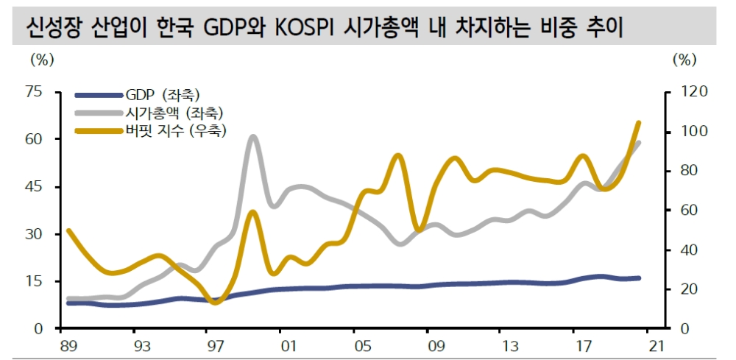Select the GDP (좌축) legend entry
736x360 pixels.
pyautogui.click(x=162, y=95)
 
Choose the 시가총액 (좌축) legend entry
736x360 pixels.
pyautogui.click(x=174, y=113)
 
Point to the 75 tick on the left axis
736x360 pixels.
pyautogui.click(x=35, y=92)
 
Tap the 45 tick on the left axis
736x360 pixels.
pyautogui.click(x=35, y=187)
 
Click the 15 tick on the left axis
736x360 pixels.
pyautogui.click(x=35, y=281)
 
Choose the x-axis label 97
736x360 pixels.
pyautogui.click(x=214, y=346)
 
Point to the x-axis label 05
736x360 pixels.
pyautogui.click(x=361, y=346)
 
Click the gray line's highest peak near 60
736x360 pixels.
pyautogui.click(x=252, y=136)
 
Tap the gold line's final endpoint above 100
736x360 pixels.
pyautogui.click(x=638, y=122)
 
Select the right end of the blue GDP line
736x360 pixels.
pyautogui.click(x=638, y=278)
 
